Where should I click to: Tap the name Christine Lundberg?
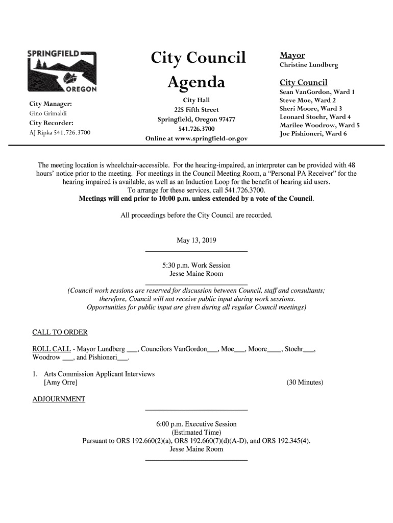tap(308, 65)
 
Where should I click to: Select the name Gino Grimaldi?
tap(46, 113)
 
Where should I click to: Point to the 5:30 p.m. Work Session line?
tap(196, 266)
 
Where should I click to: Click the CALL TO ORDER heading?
tap(59, 334)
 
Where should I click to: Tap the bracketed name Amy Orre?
tap(61, 382)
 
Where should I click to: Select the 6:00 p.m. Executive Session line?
tap(196, 424)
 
